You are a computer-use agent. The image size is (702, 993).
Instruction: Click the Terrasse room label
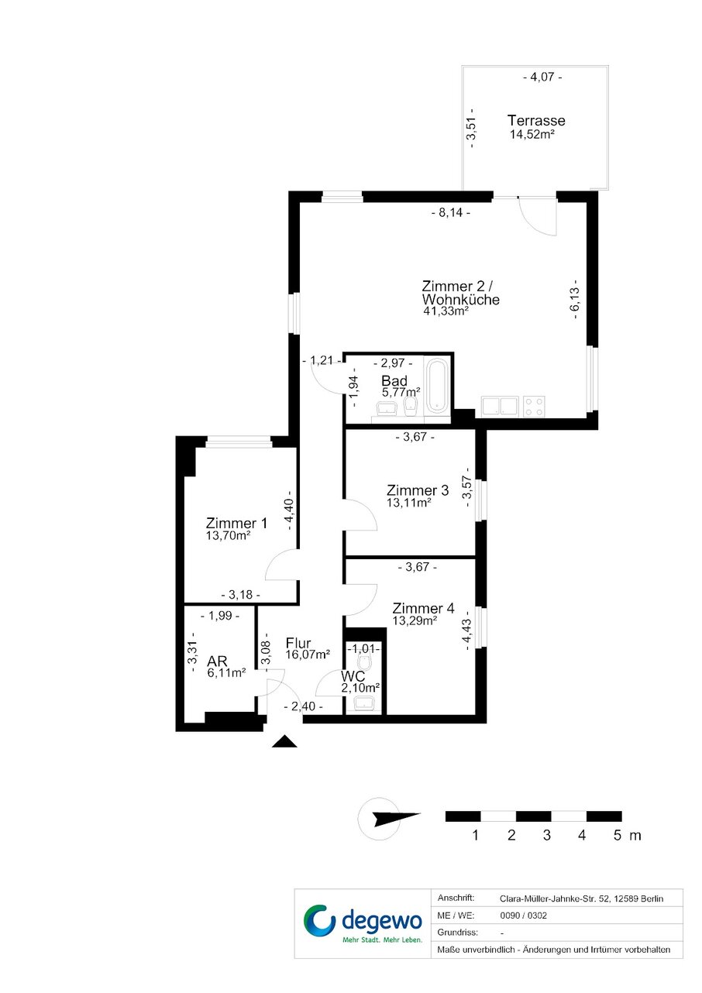tap(535, 121)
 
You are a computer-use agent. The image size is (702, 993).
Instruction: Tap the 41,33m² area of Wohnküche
tap(446, 311)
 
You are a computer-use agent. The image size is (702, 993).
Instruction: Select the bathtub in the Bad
tap(437, 385)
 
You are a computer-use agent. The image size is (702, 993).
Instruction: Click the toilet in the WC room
tap(364, 663)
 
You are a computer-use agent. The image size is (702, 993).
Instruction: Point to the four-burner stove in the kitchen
tap(534, 407)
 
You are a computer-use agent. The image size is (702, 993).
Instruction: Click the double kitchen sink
tap(501, 407)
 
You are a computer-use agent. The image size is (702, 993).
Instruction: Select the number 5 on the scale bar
tap(618, 835)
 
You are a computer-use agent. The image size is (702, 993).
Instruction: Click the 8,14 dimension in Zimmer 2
tap(450, 213)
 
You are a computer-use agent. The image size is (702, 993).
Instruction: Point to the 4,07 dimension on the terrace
tap(542, 77)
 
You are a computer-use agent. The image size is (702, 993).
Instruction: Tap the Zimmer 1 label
tap(236, 523)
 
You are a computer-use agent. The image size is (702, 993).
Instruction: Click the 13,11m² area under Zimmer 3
tap(409, 503)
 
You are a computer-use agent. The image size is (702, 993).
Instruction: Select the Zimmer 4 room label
tap(423, 608)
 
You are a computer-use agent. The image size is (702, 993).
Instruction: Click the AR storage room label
tap(217, 661)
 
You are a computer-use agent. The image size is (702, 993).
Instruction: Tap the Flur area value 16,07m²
tap(308, 655)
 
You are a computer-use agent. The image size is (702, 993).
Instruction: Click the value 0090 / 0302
tap(523, 916)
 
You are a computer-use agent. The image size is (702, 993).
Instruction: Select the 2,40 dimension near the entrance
tap(303, 706)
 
